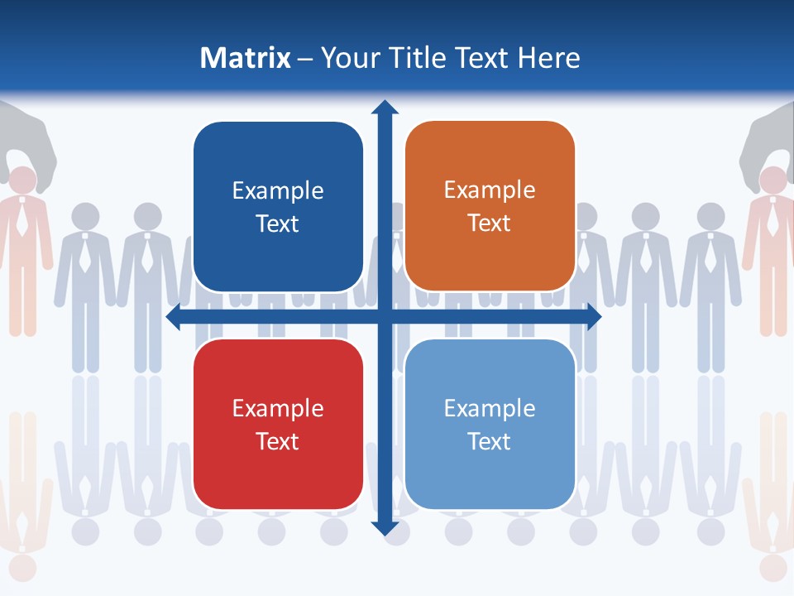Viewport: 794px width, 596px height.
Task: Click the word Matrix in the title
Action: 245,58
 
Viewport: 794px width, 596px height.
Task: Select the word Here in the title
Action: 549,58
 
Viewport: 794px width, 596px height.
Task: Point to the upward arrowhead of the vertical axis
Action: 385,107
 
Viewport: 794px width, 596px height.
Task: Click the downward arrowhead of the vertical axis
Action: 385,527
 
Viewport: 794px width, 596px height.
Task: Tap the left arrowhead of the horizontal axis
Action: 174,317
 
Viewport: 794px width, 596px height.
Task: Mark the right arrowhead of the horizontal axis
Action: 594,317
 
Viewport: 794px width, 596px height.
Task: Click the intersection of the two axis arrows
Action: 385,317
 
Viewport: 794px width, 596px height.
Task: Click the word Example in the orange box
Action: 490,190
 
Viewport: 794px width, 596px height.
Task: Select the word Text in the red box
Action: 278,441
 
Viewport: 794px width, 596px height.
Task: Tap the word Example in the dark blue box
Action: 278,190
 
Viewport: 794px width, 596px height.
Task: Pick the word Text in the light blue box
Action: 490,441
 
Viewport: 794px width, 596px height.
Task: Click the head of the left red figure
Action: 23,180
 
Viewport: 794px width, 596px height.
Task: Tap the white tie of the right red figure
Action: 772,219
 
